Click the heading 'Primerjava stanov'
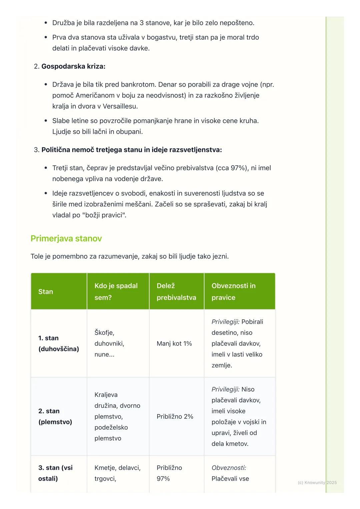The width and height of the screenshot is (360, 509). click(x=66, y=239)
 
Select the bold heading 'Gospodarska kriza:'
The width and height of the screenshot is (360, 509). click(x=73, y=66)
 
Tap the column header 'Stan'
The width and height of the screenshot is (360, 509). click(x=46, y=292)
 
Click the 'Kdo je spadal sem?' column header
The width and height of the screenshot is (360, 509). click(x=116, y=291)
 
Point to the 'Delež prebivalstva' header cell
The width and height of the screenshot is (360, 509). click(x=176, y=291)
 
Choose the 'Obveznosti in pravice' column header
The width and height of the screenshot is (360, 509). click(x=233, y=291)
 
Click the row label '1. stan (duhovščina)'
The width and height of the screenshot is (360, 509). click(x=59, y=343)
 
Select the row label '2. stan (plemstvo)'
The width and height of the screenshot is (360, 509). click(x=55, y=416)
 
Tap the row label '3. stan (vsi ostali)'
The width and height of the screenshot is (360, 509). click(x=55, y=473)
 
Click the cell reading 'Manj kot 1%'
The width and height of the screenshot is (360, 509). click(x=174, y=343)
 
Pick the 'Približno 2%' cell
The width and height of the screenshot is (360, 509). click(x=175, y=416)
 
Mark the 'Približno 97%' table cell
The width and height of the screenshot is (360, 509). click(x=169, y=473)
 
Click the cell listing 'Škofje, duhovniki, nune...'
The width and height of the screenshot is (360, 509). click(x=109, y=343)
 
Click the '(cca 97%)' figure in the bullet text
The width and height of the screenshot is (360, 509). click(x=232, y=168)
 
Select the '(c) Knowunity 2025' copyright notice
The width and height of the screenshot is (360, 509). click(x=317, y=482)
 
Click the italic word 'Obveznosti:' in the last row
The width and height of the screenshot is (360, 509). click(x=229, y=468)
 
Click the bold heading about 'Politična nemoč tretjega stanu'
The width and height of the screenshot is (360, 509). click(x=132, y=150)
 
